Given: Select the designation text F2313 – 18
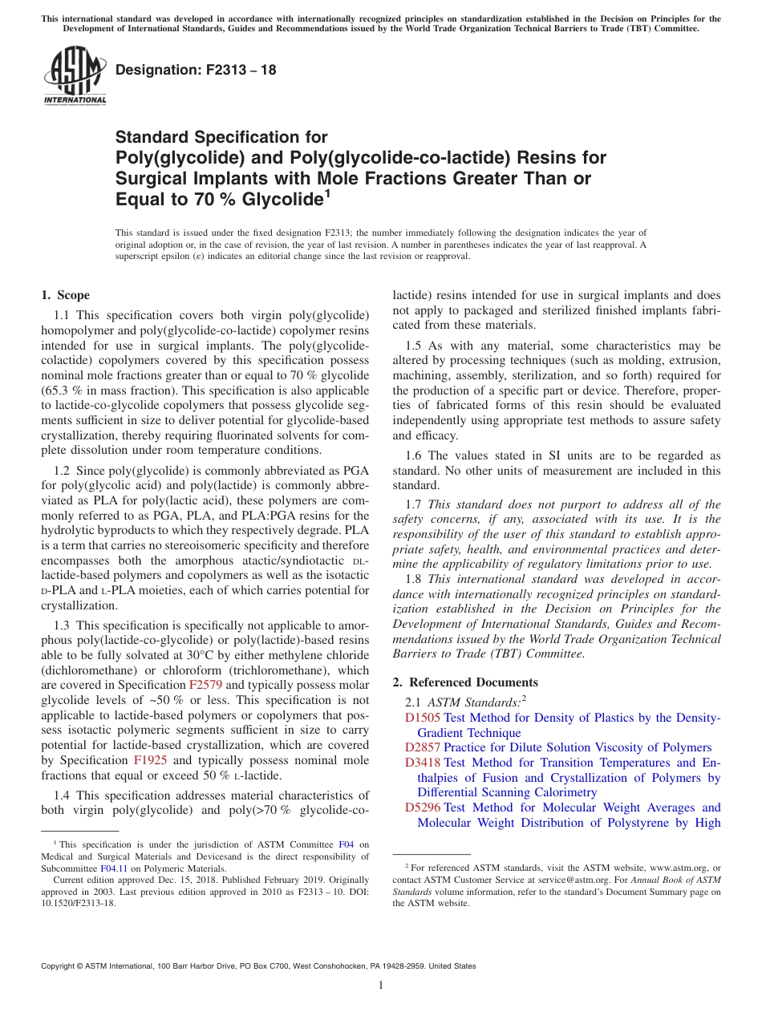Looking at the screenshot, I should click(197, 70).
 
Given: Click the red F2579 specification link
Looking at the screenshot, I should click(205, 685).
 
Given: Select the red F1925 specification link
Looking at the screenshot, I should click(150, 760).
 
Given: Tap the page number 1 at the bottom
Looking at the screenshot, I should click(381, 986).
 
